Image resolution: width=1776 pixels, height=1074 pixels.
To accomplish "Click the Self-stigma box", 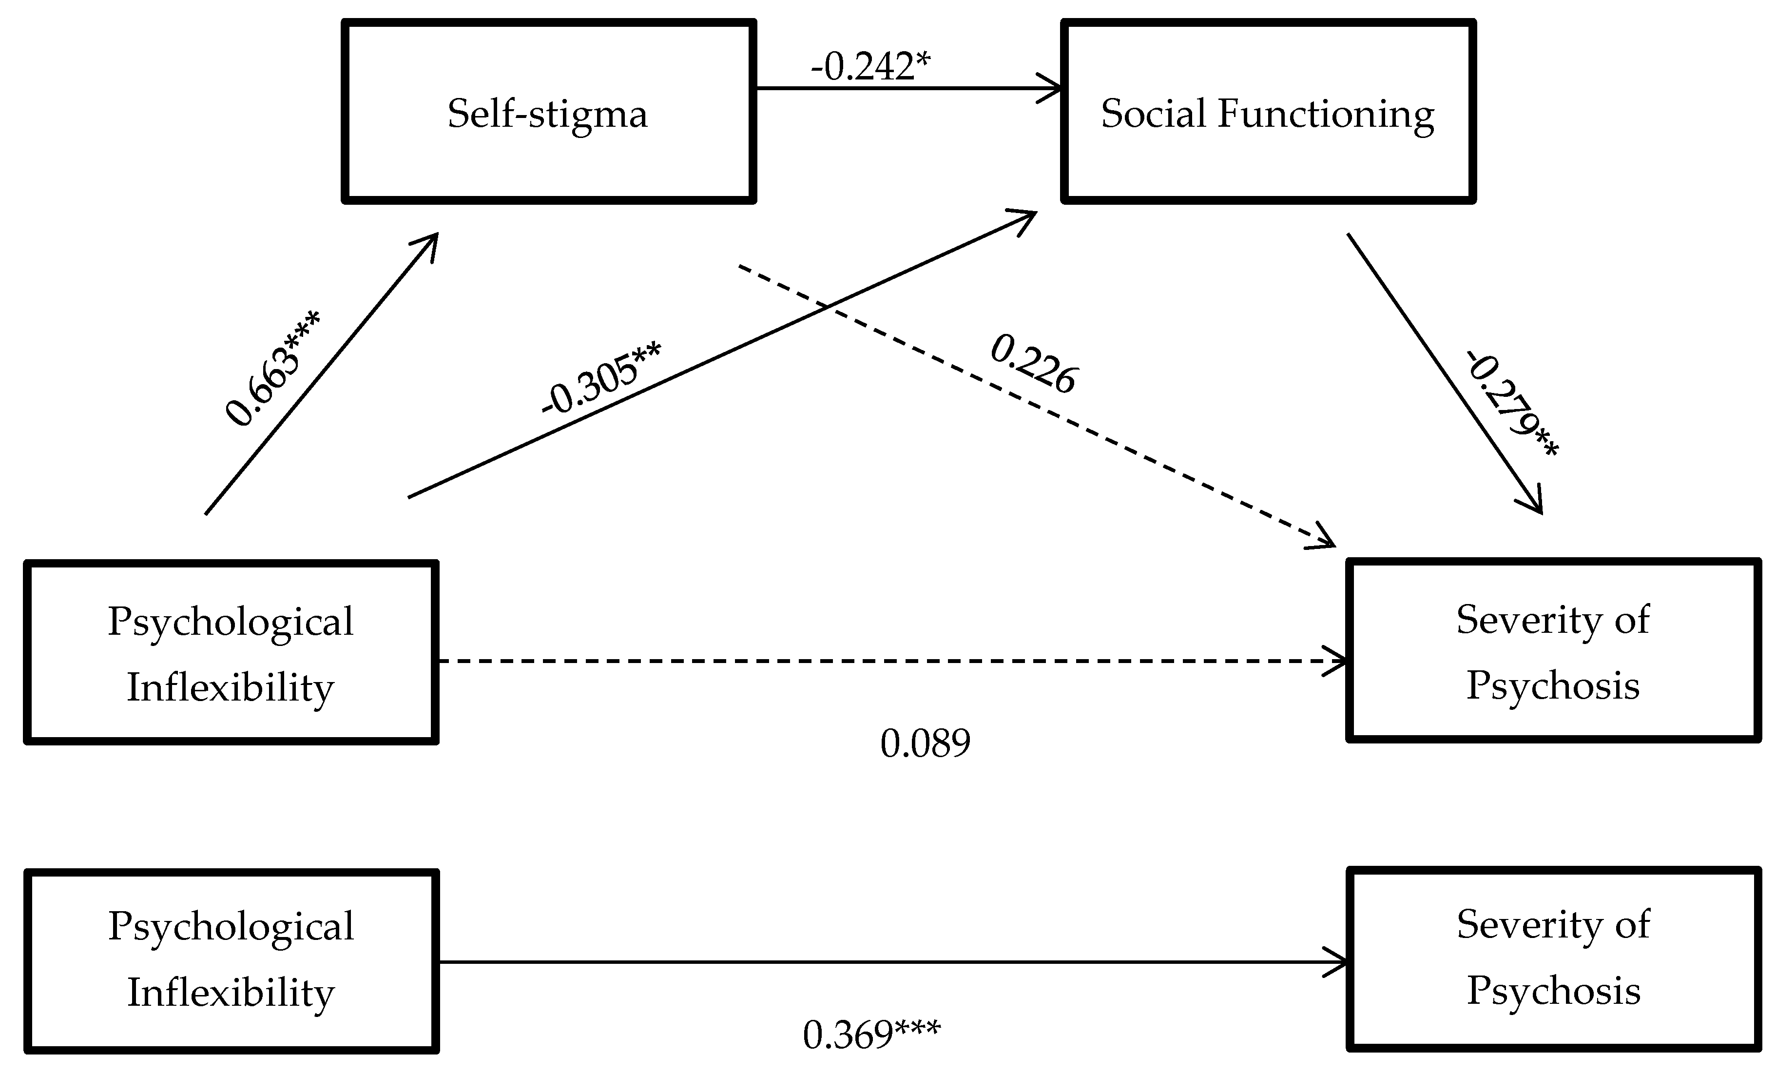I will pos(548,112).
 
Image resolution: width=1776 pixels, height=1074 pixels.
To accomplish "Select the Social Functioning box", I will pos(1268,112).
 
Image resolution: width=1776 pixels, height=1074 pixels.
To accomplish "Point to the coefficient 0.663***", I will pos(272,369).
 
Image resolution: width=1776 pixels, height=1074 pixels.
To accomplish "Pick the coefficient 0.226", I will pos(1033,365).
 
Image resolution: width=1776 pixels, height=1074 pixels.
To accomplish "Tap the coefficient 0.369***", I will pos(871,1035).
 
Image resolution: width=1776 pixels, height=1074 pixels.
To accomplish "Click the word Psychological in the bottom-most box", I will pos(231,927).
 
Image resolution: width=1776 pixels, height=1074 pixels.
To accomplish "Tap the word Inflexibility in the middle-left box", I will pos(231,687).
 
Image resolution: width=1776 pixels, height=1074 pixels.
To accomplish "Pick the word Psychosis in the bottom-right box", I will pos(1554,990).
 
